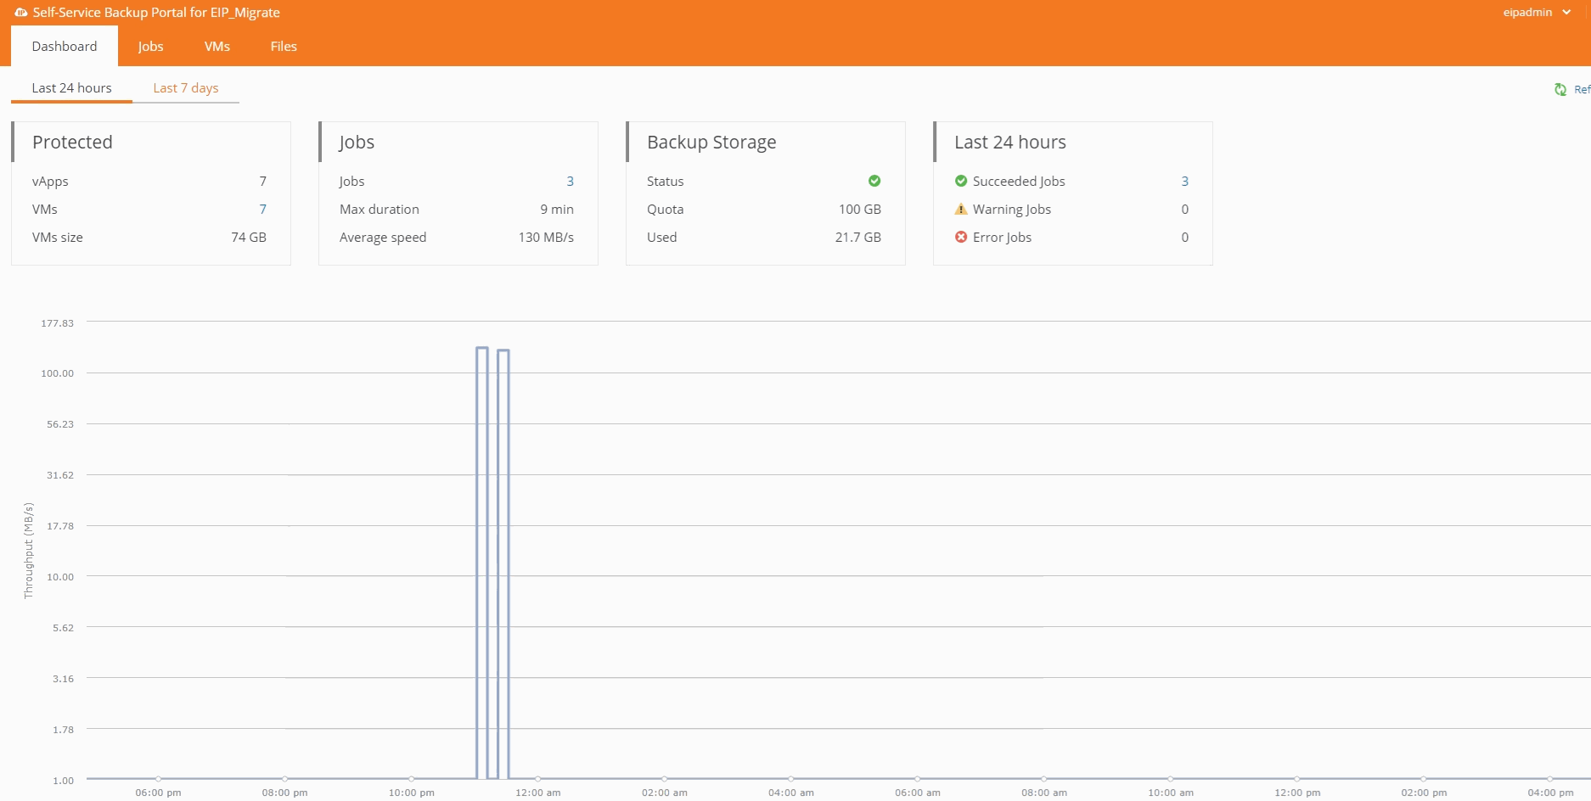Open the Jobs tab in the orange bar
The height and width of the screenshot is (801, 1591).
(150, 47)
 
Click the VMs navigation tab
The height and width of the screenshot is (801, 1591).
(217, 47)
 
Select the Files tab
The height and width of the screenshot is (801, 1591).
(284, 47)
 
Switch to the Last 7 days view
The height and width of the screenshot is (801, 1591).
(186, 88)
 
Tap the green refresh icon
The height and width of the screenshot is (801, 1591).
(1560, 89)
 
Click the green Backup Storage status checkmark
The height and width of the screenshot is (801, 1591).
(874, 181)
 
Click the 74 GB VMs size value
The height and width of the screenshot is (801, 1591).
(249, 238)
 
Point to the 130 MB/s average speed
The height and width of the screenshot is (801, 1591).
(546, 238)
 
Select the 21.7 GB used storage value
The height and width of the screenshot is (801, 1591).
(857, 238)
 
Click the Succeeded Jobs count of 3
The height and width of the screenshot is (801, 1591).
(1184, 182)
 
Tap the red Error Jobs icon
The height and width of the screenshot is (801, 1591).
(961, 238)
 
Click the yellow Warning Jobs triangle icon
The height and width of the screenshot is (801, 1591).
(961, 210)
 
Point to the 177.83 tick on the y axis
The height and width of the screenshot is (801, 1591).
(58, 323)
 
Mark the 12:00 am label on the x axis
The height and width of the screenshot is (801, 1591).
(537, 793)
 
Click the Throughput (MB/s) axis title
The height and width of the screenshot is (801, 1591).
(29, 551)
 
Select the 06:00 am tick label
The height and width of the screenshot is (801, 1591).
(917, 793)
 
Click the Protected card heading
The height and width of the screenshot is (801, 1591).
(72, 143)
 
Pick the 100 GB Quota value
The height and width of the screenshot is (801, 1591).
(859, 210)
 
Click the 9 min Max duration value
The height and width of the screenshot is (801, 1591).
(557, 210)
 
